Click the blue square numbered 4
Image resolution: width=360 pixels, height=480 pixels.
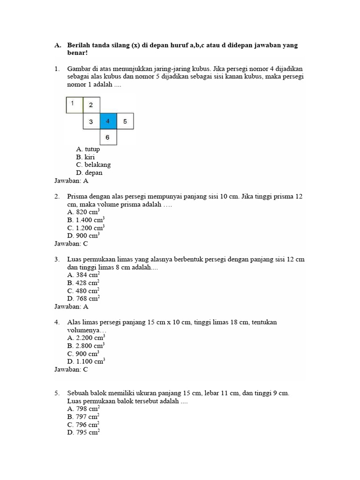pyautogui.click(x=108, y=121)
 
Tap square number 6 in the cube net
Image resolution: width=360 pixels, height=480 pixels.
pyautogui.click(x=108, y=137)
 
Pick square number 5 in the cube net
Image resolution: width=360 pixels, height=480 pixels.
pyautogui.click(x=125, y=121)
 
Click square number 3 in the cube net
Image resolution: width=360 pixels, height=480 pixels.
pyautogui.click(x=91, y=121)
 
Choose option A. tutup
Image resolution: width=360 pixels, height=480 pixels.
pyautogui.click(x=88, y=150)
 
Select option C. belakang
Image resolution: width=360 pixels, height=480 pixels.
pyautogui.click(x=93, y=165)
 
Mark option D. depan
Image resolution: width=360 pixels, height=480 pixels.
pyautogui.click(x=89, y=172)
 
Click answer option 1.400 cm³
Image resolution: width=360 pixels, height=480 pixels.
pyautogui.click(x=86, y=220)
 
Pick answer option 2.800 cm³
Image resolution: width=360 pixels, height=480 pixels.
pyautogui.click(x=86, y=346)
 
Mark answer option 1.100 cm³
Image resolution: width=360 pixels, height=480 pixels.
pyautogui.click(x=86, y=361)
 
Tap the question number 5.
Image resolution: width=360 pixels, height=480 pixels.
pyautogui.click(x=57, y=393)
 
